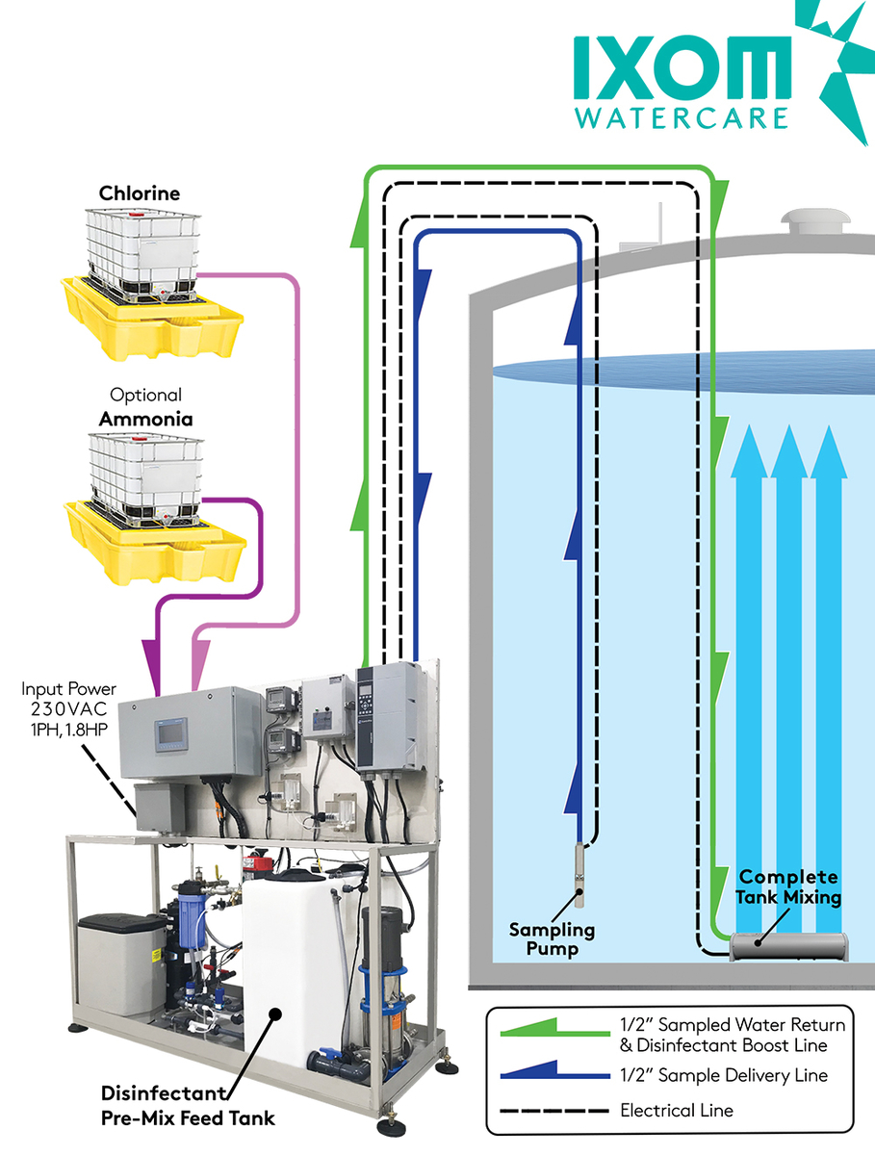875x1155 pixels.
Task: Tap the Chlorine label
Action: (140, 193)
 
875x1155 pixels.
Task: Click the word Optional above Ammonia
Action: (145, 396)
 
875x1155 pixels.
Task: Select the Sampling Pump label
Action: (553, 939)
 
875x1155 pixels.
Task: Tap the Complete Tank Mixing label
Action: (788, 887)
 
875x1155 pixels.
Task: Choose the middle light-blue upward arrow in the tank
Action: (788, 674)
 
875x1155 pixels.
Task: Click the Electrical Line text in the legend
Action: (677, 1110)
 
